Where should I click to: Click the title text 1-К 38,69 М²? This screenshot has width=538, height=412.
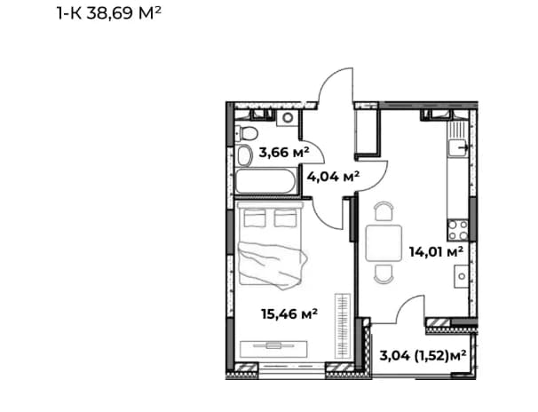tap(109, 13)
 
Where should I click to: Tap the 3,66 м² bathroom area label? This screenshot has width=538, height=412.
tap(284, 152)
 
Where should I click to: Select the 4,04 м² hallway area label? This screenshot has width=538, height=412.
tap(333, 177)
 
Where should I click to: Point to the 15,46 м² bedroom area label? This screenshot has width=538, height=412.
tap(289, 313)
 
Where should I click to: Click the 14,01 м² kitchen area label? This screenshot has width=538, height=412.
tap(436, 252)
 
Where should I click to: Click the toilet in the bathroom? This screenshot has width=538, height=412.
tap(246, 133)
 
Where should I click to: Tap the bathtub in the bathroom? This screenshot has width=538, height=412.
tap(265, 181)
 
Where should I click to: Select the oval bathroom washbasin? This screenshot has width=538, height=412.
tap(245, 155)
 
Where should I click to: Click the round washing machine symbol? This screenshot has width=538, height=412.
tap(288, 118)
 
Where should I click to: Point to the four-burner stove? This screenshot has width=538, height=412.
tap(458, 230)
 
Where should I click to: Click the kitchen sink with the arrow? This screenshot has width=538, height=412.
tap(458, 148)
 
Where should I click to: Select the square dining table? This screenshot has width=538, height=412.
tap(384, 242)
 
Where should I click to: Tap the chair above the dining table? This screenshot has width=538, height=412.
tap(384, 211)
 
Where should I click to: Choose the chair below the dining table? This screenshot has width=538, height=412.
tap(384, 274)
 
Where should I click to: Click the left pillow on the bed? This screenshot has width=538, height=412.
tap(255, 218)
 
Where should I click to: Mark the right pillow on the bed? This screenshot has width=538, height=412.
tap(286, 218)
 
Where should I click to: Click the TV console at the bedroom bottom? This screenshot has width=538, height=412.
tap(273, 349)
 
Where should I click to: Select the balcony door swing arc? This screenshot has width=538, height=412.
tap(406, 304)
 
